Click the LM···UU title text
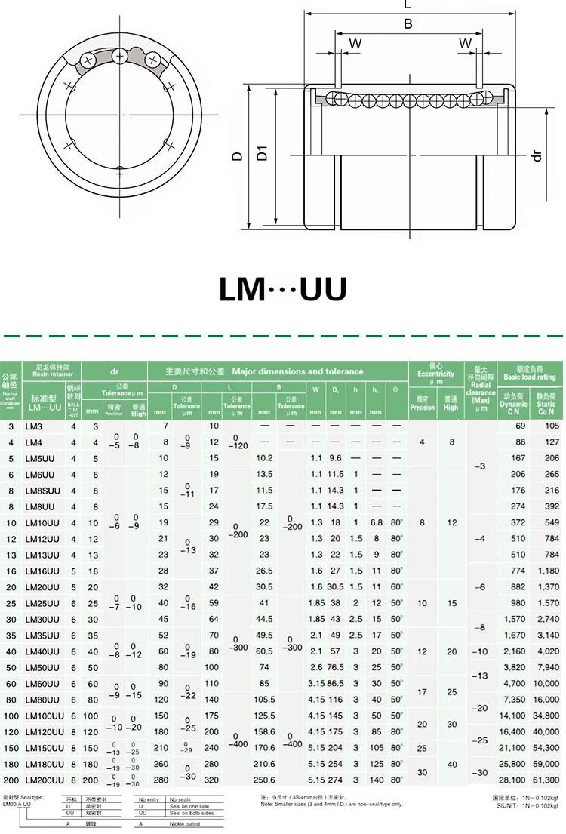click(x=283, y=289)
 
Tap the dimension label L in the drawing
click(x=408, y=5)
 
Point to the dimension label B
click(x=408, y=24)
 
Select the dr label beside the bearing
click(x=537, y=155)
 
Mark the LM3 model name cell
click(x=34, y=426)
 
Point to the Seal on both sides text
click(x=192, y=814)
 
